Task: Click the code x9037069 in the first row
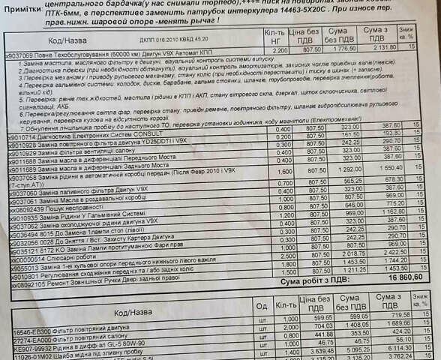tap(22, 55)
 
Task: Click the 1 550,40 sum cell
tap(389, 169)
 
